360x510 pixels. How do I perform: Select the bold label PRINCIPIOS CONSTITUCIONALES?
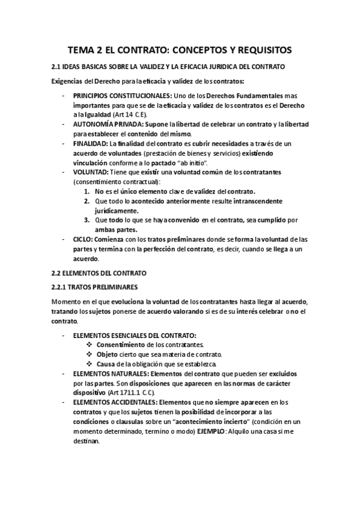click(x=122, y=96)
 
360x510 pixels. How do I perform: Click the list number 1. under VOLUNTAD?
click(x=88, y=191)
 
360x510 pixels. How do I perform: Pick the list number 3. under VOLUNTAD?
click(x=88, y=220)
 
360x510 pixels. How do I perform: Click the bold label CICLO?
click(x=84, y=239)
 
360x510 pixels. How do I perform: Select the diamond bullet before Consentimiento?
click(x=89, y=345)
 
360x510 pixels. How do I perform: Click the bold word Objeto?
click(x=108, y=354)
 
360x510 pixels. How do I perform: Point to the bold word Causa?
click(x=106, y=364)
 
